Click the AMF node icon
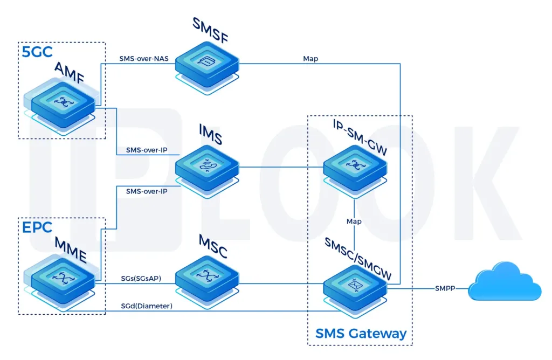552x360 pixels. click(x=64, y=101)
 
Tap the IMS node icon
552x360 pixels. click(x=207, y=167)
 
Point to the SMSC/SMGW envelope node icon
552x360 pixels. click(x=354, y=283)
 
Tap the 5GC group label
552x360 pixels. click(x=37, y=53)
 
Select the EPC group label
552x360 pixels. click(x=37, y=229)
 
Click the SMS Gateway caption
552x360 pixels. click(x=360, y=333)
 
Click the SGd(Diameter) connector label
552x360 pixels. click(x=147, y=306)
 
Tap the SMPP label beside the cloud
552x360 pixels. click(x=445, y=288)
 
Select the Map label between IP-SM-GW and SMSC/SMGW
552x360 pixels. click(x=354, y=221)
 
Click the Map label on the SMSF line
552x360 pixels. click(x=310, y=59)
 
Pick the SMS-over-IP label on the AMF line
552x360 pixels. click(x=147, y=150)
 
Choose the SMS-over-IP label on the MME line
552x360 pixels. click(x=147, y=191)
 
